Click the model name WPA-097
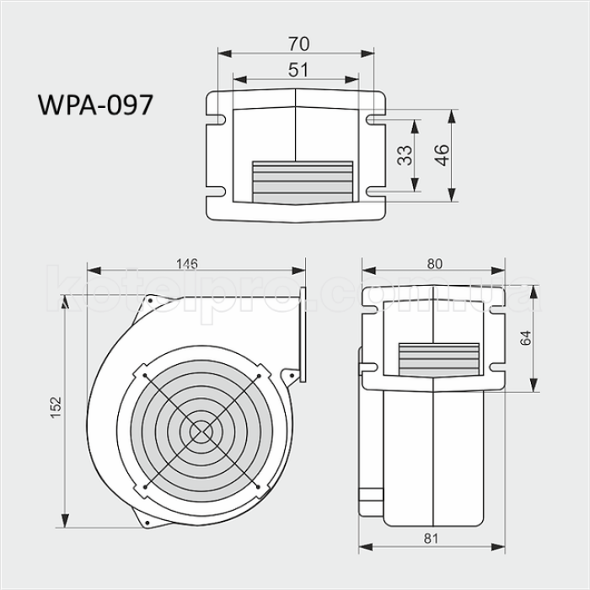pyautogui.click(x=95, y=105)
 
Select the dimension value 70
pyautogui.click(x=296, y=42)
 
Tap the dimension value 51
pyautogui.click(x=296, y=70)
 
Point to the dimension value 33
pyautogui.click(x=404, y=155)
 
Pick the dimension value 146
pyautogui.click(x=187, y=263)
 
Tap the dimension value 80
pyautogui.click(x=434, y=263)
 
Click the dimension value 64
pyautogui.click(x=525, y=339)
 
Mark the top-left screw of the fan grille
pyautogui.click(x=145, y=375)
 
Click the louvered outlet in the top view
pyautogui.click(x=301, y=180)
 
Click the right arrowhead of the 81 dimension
pyautogui.click(x=505, y=548)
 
